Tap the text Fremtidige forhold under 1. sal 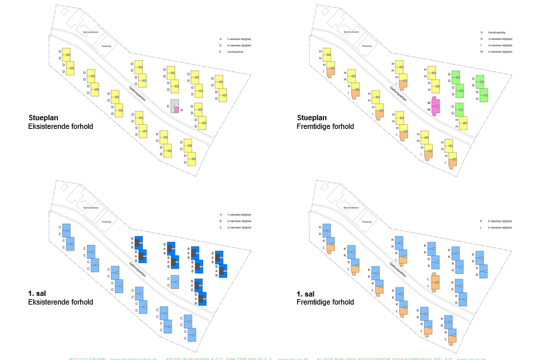tap(325, 302)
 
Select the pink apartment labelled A tap(176, 110)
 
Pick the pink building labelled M tap(436, 106)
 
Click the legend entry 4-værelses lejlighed tap(239, 45)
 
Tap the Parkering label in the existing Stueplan tap(106, 46)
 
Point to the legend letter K tap(481, 220)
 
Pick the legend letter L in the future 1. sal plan tap(481, 227)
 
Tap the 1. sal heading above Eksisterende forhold tap(37, 294)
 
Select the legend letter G tap(481, 32)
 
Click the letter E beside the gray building tap(168, 106)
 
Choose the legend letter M tap(481, 51)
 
